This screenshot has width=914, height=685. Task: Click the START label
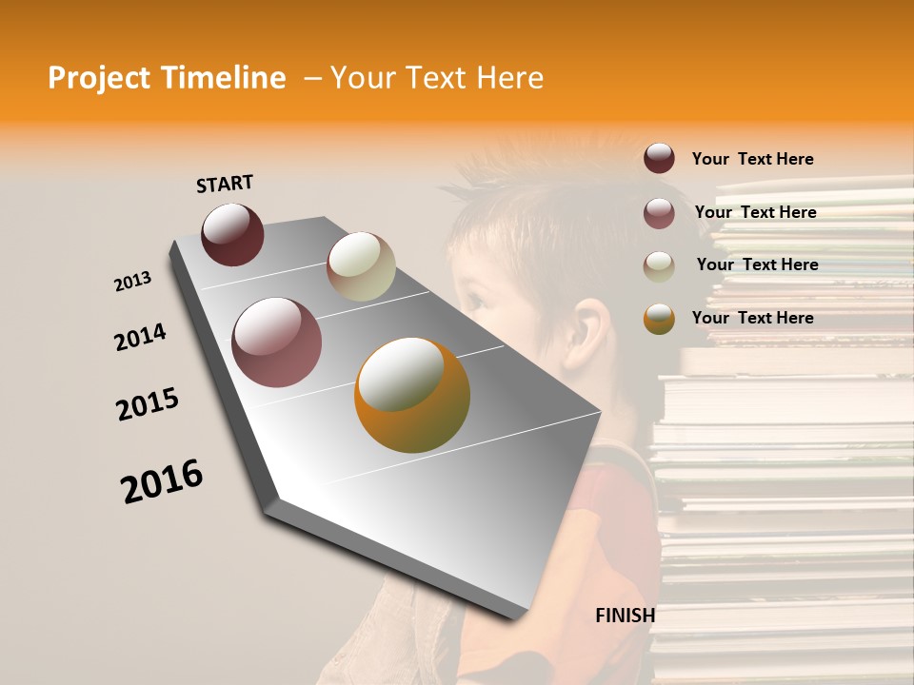[225, 184]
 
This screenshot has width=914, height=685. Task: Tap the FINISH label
[625, 616]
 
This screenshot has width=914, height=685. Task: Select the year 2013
[133, 282]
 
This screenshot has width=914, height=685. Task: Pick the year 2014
[140, 337]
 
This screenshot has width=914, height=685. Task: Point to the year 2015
[148, 404]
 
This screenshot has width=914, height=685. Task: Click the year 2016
[162, 481]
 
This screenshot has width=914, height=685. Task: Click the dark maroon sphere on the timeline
[232, 234]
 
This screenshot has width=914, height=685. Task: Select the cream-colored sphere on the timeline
[361, 266]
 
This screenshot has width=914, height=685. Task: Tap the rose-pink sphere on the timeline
[277, 342]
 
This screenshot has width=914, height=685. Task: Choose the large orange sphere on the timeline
[412, 395]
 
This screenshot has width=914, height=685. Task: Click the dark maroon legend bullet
[659, 159]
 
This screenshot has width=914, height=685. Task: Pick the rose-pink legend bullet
[659, 213]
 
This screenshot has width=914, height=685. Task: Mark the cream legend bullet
[659, 266]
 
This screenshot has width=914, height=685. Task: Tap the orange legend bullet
[659, 319]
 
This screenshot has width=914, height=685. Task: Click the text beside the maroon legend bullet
[752, 159]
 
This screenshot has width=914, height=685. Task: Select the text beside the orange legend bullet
[752, 318]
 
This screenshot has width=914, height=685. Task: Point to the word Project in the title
[100, 78]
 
